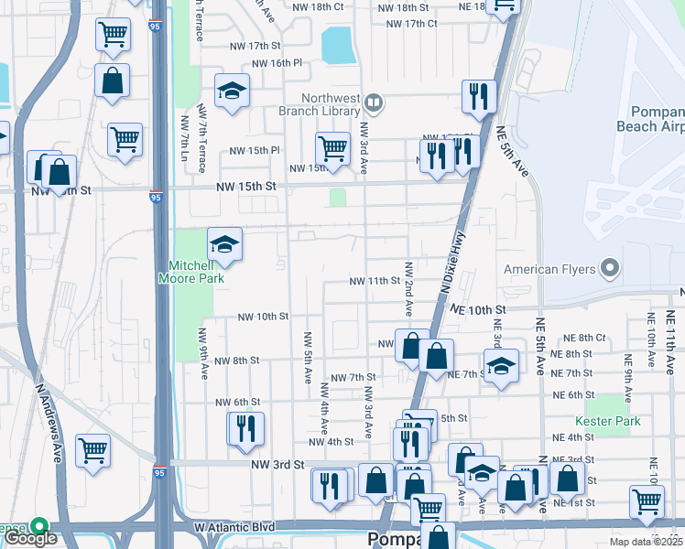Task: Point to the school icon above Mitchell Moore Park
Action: tap(224, 245)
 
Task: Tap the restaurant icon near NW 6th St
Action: tap(245, 428)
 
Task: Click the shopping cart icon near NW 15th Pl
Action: tap(332, 148)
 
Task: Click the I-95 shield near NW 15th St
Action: tap(157, 196)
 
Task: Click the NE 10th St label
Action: tap(477, 310)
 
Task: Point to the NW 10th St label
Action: tap(263, 317)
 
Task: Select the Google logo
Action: tap(30, 538)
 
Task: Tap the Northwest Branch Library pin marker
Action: tap(373, 102)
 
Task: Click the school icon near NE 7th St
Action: tap(501, 367)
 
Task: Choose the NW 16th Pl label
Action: tap(276, 63)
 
